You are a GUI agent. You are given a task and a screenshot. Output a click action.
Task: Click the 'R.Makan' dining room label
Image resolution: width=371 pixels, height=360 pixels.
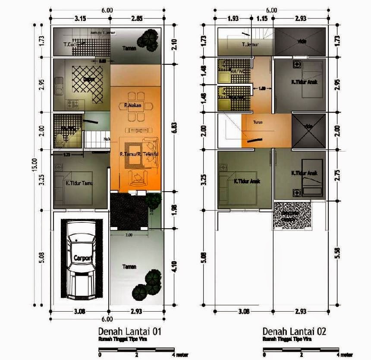tap(131, 105)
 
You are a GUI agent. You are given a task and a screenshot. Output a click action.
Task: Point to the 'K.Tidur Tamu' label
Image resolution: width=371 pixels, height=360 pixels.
tap(80, 183)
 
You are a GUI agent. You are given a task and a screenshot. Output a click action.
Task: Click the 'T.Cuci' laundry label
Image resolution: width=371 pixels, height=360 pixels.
tap(70, 44)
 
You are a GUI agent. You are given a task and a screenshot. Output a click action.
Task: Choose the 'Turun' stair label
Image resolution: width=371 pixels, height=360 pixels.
tap(258, 122)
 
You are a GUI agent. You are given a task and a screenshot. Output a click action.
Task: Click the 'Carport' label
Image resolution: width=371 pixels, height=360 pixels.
tap(82, 258)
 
